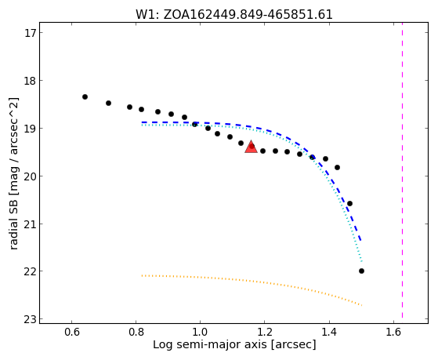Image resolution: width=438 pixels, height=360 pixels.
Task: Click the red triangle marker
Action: [x=251, y=147]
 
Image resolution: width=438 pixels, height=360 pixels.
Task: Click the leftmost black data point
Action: [x=85, y=96]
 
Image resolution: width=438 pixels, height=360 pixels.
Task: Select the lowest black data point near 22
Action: [x=361, y=271]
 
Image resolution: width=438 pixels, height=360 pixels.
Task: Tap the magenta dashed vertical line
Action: [x=402, y=170]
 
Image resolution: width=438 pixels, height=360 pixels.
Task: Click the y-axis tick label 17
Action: [x=31, y=33]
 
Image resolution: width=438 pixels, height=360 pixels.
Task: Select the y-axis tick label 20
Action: [x=31, y=176]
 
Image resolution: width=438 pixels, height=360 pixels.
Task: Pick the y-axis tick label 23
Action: [x=31, y=319]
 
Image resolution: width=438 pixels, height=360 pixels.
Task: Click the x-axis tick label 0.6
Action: [x=72, y=332]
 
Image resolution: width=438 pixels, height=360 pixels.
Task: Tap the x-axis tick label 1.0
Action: [x=201, y=332]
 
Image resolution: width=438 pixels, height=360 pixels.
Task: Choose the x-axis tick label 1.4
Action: [x=329, y=332]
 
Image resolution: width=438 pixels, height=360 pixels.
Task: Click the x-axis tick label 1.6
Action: [x=393, y=332]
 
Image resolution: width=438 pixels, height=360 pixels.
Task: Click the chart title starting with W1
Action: [x=234, y=15]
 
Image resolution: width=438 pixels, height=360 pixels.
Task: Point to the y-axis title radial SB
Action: [x=14, y=173]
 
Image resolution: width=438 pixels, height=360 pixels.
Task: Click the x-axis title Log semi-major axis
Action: [x=234, y=344]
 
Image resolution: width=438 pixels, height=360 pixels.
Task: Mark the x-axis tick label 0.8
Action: [x=136, y=332]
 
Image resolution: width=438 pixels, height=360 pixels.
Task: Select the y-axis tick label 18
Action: [x=31, y=81]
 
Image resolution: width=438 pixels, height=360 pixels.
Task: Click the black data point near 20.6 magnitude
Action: [x=349, y=203]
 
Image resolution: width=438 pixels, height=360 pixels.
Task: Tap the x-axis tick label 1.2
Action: [x=265, y=332]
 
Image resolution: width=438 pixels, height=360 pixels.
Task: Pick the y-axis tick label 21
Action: [x=31, y=224]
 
